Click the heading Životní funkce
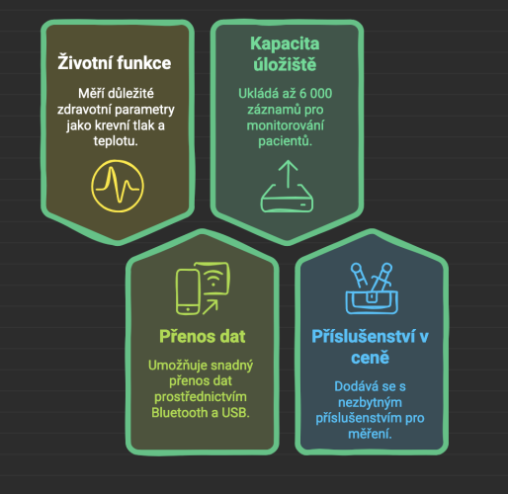[115, 62]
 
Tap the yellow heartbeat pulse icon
[118, 186]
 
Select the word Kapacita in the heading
[285, 43]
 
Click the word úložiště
[285, 64]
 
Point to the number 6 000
[315, 94]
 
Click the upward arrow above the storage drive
[288, 174]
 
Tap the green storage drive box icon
[287, 199]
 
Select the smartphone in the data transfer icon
[188, 291]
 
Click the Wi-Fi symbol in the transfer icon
[213, 278]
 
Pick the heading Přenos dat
[203, 336]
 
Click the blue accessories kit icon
[372, 288]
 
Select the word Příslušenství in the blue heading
[364, 337]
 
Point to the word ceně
[371, 358]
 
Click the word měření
[371, 434]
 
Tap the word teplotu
[116, 141]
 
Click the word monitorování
[286, 125]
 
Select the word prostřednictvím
[201, 397]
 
